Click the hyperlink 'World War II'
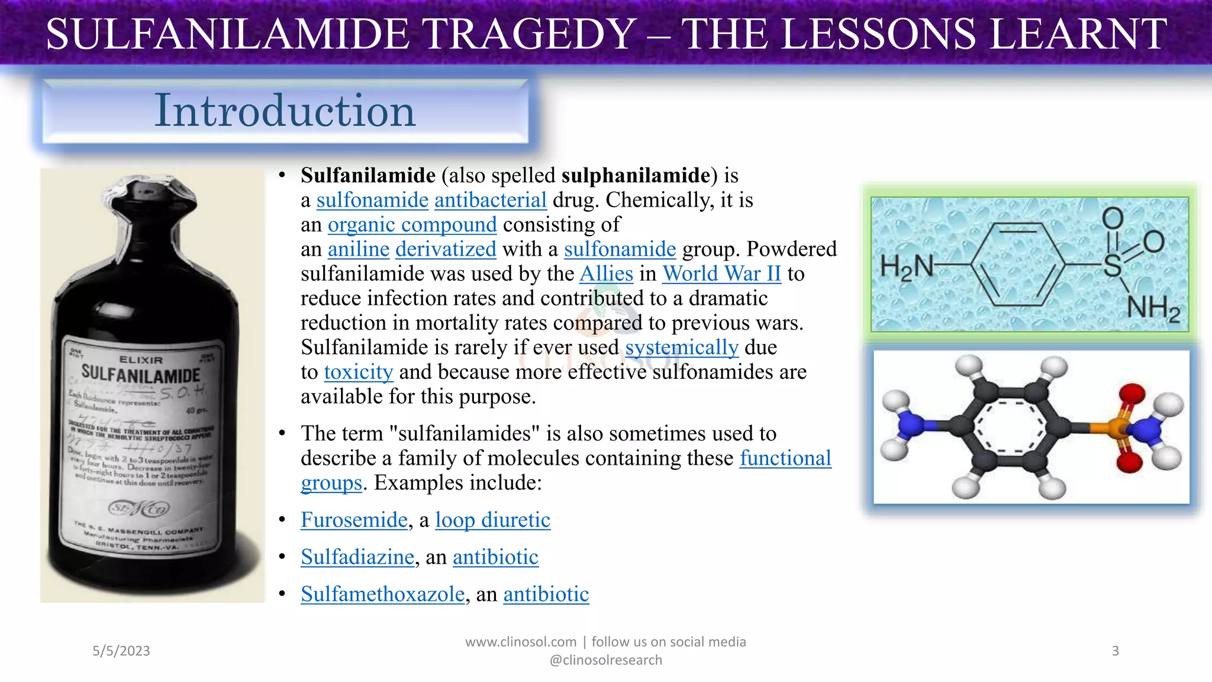[721, 274]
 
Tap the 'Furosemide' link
[354, 520]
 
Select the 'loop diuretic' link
[492, 520]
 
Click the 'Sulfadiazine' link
[357, 557]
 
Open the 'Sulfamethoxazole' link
[382, 594]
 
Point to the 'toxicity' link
[358, 372]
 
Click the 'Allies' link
[606, 274]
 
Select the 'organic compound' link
[412, 224]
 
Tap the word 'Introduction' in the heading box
[285, 110]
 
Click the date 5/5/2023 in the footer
[121, 651]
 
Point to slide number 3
[1115, 651]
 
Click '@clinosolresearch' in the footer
[605, 660]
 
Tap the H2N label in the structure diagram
[905, 266]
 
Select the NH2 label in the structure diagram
[1153, 308]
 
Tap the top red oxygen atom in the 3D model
[1131, 394]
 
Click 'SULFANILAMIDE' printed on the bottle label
[141, 374]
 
